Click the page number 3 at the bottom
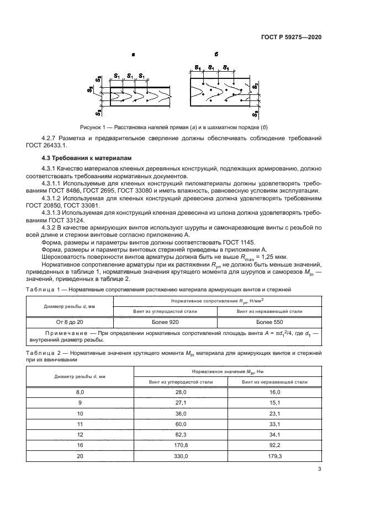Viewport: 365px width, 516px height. click(320, 469)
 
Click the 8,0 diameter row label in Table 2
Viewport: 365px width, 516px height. click(80, 391)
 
